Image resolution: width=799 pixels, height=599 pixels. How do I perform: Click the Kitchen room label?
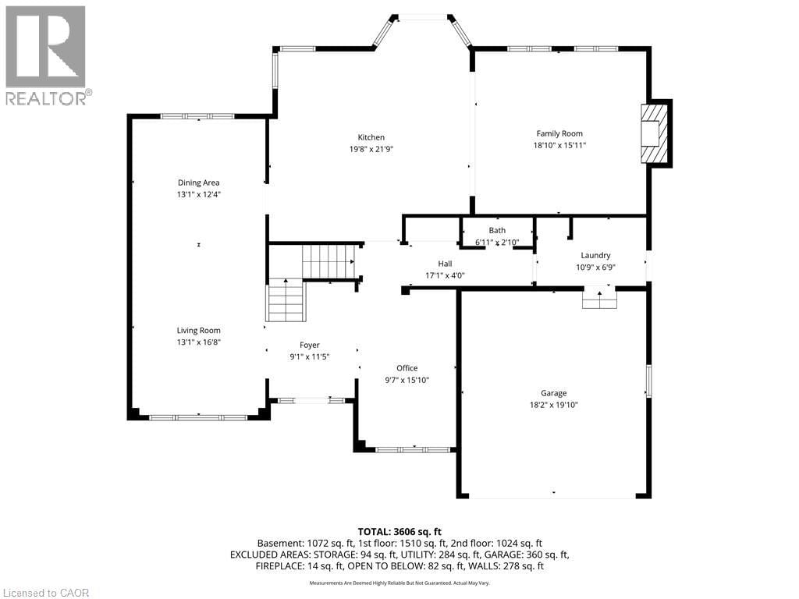(x=371, y=137)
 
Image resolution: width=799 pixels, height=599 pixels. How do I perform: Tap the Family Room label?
(x=559, y=133)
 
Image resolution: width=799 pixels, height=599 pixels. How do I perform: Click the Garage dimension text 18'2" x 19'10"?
(x=553, y=405)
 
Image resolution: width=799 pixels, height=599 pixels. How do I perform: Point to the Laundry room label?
(x=595, y=255)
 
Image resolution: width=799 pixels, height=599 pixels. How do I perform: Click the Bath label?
(x=497, y=230)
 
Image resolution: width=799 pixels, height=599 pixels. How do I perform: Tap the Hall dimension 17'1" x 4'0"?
(x=445, y=275)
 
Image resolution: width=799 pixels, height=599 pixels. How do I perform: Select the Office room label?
(x=407, y=368)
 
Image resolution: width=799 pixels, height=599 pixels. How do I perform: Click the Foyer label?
(x=310, y=345)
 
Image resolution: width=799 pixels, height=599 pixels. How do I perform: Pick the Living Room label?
(x=198, y=330)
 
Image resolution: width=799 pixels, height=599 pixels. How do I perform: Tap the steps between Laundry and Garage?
(x=599, y=299)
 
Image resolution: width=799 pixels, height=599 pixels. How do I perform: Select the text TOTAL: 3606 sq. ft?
(x=399, y=531)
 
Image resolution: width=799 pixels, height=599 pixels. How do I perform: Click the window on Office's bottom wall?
(x=414, y=449)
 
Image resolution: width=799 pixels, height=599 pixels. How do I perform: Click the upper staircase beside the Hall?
(x=329, y=261)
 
